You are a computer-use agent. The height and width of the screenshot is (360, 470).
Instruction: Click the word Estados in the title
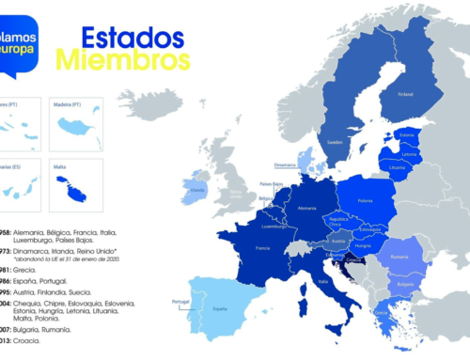pyautogui.click(x=133, y=38)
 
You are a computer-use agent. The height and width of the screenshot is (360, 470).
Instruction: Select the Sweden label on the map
pyautogui.click(x=334, y=139)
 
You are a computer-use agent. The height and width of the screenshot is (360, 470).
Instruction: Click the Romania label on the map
pyautogui.click(x=398, y=257)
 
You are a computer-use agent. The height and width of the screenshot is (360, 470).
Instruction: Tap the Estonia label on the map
pyautogui.click(x=407, y=134)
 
